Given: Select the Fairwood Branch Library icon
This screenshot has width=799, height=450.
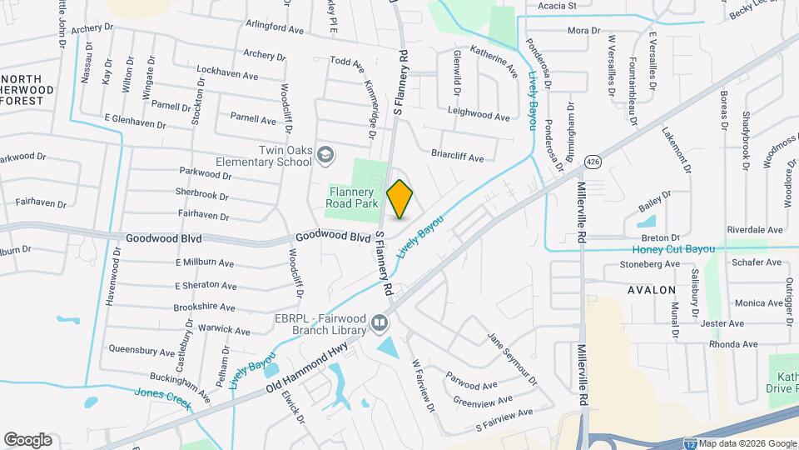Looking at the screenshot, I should click(380, 322).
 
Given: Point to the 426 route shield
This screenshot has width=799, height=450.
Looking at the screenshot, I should click(592, 161).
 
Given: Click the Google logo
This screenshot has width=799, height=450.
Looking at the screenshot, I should click(27, 439).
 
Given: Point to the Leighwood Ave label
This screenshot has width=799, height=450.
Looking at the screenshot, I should click(478, 117).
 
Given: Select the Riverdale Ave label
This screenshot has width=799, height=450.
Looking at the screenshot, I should click(755, 229).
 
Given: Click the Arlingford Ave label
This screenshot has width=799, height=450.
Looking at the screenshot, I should click(275, 29).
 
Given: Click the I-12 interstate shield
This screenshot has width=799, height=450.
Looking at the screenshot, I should click(691, 443).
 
